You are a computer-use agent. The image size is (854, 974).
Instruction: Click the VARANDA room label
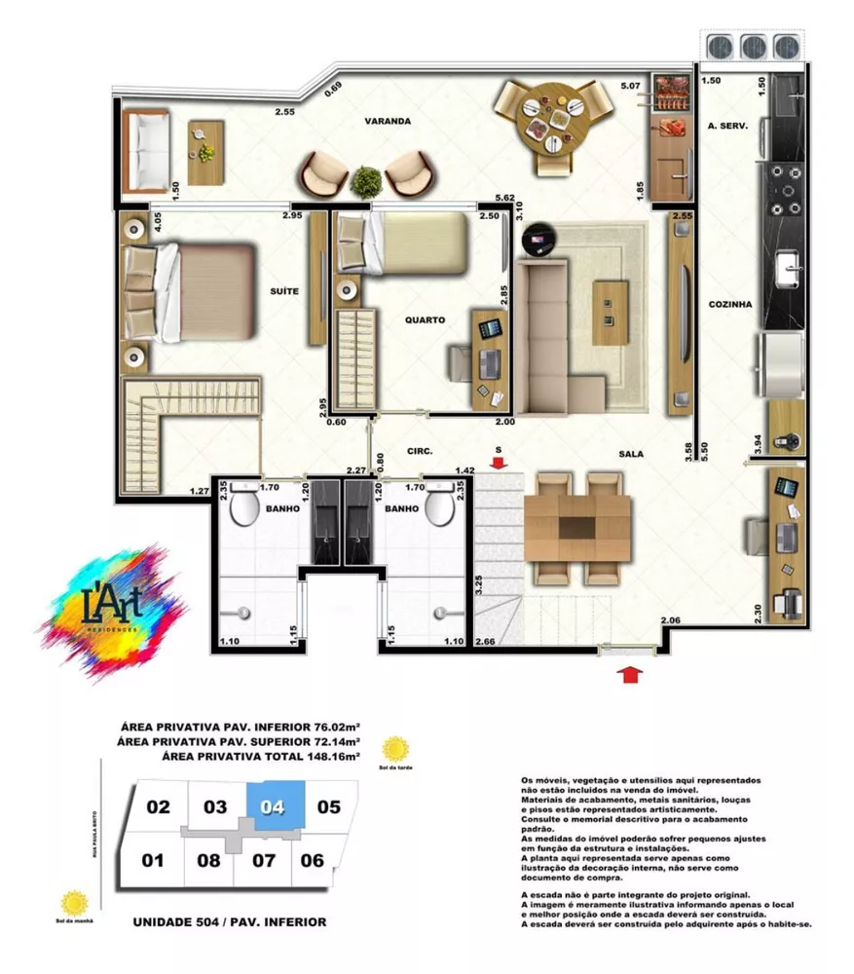(388, 122)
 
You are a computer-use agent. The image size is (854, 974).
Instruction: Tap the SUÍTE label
(284, 291)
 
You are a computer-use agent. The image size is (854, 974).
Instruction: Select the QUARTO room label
(426, 319)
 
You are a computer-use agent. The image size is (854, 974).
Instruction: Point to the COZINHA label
(730, 304)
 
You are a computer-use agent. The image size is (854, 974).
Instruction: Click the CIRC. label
(419, 451)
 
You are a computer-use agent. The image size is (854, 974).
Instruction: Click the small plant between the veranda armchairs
(367, 181)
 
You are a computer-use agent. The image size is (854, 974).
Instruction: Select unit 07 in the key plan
(262, 860)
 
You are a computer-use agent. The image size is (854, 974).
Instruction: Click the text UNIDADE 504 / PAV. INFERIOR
(229, 921)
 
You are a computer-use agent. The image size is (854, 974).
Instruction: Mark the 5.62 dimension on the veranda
(503, 198)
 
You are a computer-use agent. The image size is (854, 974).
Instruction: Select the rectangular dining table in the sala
(577, 527)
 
